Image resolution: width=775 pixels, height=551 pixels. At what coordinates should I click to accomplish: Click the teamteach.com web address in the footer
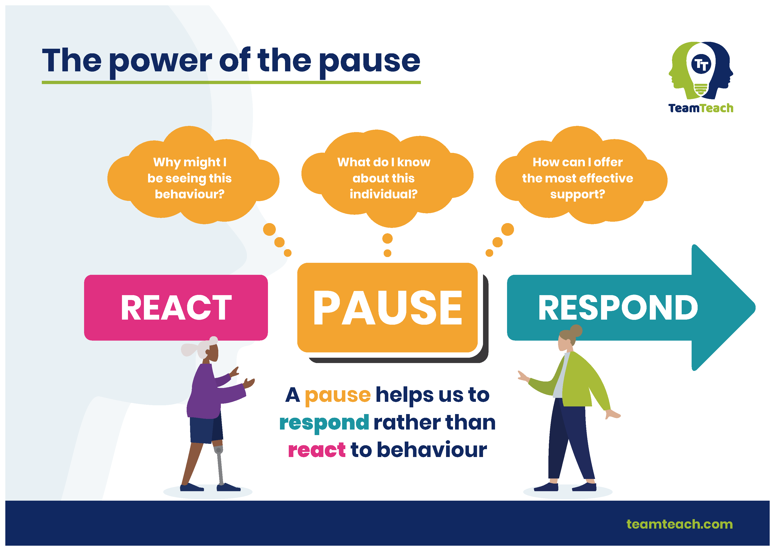pyautogui.click(x=679, y=524)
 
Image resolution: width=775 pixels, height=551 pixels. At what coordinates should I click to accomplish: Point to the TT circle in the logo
pyautogui.click(x=701, y=64)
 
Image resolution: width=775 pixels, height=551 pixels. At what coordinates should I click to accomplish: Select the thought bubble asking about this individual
pyautogui.click(x=387, y=178)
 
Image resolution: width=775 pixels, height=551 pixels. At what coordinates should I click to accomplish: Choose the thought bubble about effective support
pyautogui.click(x=581, y=175)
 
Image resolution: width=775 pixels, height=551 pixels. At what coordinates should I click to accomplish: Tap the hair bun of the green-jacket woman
pyautogui.click(x=576, y=331)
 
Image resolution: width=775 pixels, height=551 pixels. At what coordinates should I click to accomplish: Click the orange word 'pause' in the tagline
pyautogui.click(x=338, y=396)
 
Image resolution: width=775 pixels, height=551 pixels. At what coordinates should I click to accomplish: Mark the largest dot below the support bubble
pyautogui.click(x=507, y=229)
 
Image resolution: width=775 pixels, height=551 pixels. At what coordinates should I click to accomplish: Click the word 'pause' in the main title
pyautogui.click(x=370, y=63)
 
